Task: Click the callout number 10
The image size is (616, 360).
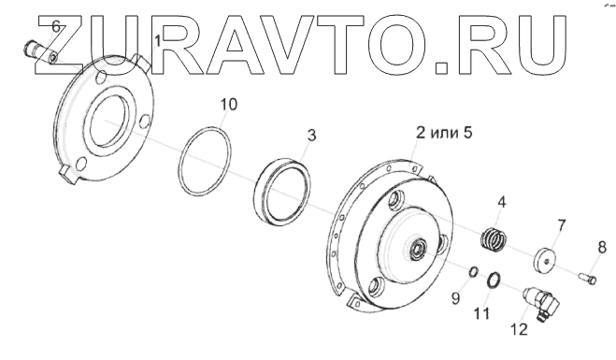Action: [x=229, y=105]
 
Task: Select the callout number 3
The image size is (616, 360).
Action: [x=311, y=136]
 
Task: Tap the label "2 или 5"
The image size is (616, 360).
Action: [x=444, y=133]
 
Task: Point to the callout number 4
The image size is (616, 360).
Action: [x=502, y=202]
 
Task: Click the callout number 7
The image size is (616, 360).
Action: [x=562, y=225]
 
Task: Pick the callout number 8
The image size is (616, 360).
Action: [x=602, y=247]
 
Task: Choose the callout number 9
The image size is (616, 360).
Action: [x=455, y=298]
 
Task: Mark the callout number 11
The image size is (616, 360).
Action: [x=481, y=313]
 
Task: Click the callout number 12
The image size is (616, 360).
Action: [x=520, y=329]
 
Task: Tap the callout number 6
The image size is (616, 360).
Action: [x=56, y=26]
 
